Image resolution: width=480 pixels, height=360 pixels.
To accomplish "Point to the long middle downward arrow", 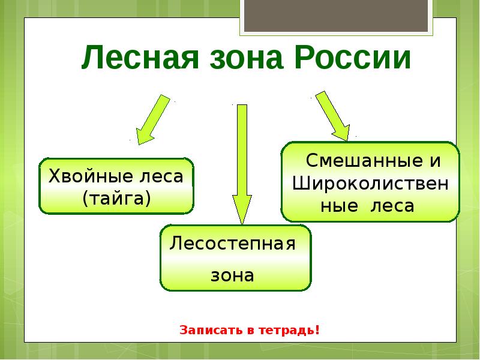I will point(242,162).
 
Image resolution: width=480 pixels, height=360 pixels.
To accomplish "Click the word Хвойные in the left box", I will point(90,178).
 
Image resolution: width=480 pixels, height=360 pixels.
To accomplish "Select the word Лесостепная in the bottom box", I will point(233,244).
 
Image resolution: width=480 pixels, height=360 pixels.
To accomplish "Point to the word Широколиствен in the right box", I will point(370,183).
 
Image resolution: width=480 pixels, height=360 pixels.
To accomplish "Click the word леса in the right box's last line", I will point(393,206).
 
